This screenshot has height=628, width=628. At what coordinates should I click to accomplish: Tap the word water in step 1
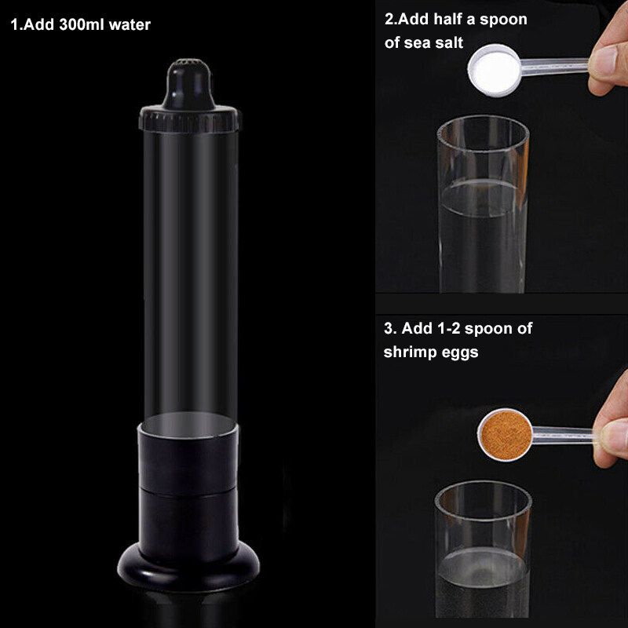click(130, 25)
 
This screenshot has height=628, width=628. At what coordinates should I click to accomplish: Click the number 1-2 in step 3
click(448, 328)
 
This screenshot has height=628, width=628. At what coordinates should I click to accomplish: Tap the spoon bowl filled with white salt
click(495, 71)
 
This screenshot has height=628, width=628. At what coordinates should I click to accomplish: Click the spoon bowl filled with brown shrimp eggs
click(506, 435)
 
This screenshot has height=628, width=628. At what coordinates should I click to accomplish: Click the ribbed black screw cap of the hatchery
click(190, 119)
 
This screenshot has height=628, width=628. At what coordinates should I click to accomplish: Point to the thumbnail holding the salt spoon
click(604, 60)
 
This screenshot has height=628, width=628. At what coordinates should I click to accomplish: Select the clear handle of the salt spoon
click(554, 67)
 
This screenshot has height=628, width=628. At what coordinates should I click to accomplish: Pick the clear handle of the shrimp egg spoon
click(563, 436)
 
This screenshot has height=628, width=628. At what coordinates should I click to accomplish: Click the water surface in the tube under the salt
click(483, 198)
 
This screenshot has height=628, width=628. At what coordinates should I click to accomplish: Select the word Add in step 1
click(39, 24)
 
